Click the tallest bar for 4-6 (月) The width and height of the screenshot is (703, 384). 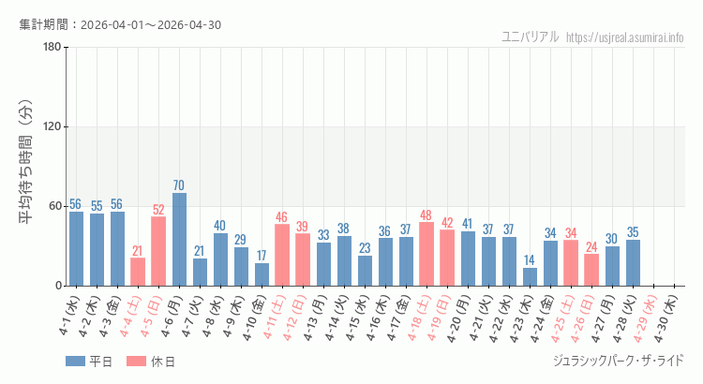(179, 240)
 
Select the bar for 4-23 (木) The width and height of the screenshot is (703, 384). (530, 276)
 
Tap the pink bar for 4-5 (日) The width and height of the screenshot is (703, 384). (158, 251)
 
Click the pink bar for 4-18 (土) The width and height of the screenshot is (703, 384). (426, 254)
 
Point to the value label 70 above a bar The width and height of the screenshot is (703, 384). (179, 185)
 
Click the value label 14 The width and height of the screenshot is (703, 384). (530, 260)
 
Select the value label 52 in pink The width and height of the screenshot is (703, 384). (158, 210)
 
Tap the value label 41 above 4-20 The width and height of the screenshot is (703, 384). (468, 224)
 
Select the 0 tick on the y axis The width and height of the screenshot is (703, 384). (58, 286)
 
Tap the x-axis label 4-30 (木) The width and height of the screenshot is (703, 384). (667, 318)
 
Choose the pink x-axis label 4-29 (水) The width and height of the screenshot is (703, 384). (647, 318)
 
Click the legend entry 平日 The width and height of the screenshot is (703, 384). (89, 362)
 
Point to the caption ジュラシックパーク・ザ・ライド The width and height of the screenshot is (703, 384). (619, 361)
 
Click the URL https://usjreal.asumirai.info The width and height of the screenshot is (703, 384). (625, 37)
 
